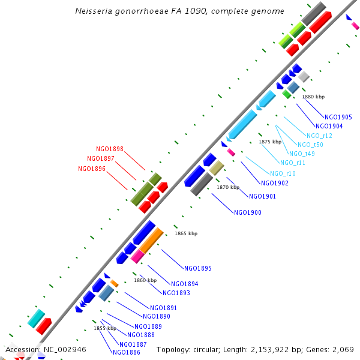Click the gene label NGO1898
click(x=110, y=149)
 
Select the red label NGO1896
click(x=92, y=169)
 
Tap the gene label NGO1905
click(x=338, y=117)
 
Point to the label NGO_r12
click(x=319, y=136)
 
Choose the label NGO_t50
click(x=310, y=145)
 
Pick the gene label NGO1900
click(x=247, y=212)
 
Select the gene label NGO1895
click(x=197, y=268)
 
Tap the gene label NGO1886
click(x=126, y=352)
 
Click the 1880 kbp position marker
click(x=313, y=97)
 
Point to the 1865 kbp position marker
click(x=186, y=233)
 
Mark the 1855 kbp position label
click(x=105, y=328)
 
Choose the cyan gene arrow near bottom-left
click(x=36, y=318)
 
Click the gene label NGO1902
click(x=274, y=183)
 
